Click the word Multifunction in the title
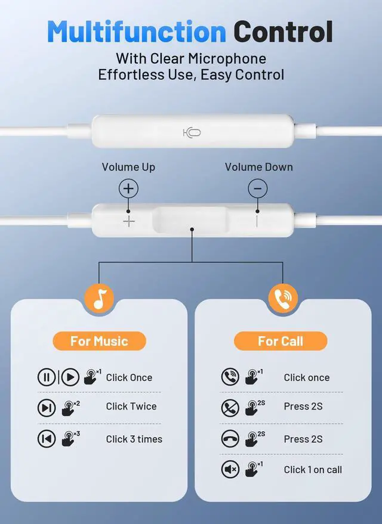coord(137,32)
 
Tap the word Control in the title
coord(283,32)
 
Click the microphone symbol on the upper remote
coord(192,133)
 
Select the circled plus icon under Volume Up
coord(128,188)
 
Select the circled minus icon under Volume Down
coord(258,188)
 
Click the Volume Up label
coord(128,167)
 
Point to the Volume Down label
coord(258,167)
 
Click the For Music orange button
coord(99,341)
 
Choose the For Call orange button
coord(281,341)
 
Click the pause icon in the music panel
coord(47,377)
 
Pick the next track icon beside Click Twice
coord(47,408)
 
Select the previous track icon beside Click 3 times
coord(47,439)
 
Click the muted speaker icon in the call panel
coord(230,469)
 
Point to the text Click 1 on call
coord(313,470)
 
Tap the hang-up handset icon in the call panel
coord(230,439)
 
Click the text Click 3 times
coord(134,439)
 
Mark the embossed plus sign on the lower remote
coord(129,222)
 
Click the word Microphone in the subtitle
coord(227,59)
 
